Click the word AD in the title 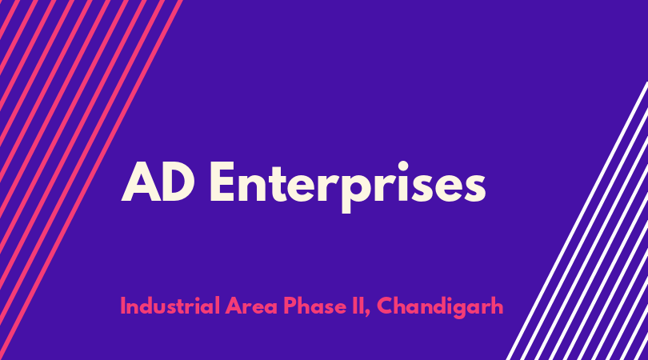(x=158, y=182)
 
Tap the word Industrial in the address (x=170, y=306)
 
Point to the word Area (x=251, y=306)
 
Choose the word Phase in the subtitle (x=315, y=306)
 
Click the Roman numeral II (x=358, y=306)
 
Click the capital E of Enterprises (x=222, y=182)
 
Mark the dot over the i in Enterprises (x=402, y=166)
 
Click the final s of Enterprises (x=474, y=188)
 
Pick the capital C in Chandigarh (x=385, y=306)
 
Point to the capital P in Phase (x=290, y=306)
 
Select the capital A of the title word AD (x=141, y=182)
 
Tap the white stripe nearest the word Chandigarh (x=578, y=221)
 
